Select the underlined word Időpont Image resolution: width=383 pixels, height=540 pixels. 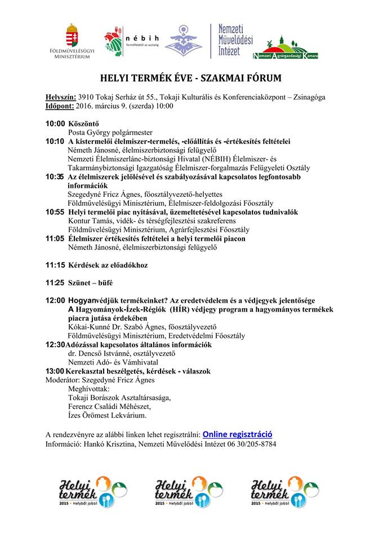coord(59,106)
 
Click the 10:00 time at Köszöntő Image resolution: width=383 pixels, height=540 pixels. coord(55,124)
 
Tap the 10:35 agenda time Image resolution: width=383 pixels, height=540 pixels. coord(55,177)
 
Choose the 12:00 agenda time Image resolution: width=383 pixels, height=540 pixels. coord(55,300)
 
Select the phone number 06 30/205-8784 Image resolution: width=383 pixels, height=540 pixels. coord(251,444)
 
